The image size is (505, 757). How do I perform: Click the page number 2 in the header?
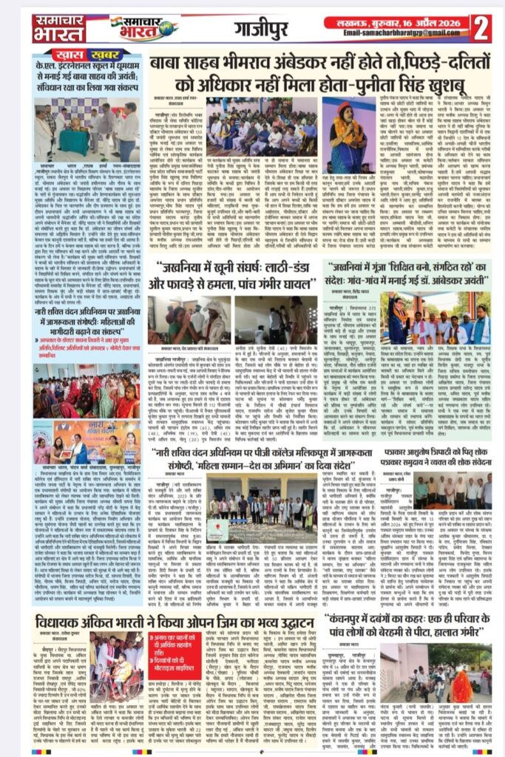(481, 28)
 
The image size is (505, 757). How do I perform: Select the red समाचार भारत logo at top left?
(58, 28)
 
